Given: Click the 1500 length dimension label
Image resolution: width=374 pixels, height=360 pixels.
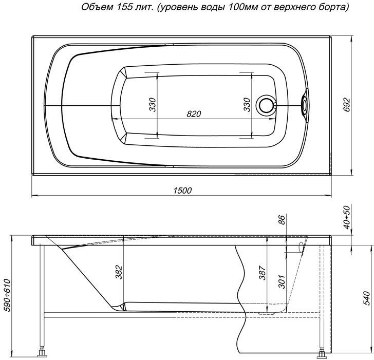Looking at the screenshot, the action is tap(182, 190).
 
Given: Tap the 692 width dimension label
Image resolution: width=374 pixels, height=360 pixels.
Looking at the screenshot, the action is tap(347, 105).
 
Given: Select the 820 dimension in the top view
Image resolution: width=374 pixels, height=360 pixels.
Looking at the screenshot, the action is tap(194, 114).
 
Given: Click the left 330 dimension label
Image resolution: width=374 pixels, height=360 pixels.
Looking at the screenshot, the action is tap(153, 105).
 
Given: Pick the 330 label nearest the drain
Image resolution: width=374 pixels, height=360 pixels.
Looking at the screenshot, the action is tap(247, 105).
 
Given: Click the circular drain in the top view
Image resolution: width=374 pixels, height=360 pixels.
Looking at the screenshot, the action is tap(266, 105).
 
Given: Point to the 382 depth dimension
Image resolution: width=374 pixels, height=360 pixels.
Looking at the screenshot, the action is tap(119, 272).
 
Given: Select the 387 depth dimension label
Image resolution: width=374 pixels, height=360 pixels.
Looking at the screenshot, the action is tap(263, 273).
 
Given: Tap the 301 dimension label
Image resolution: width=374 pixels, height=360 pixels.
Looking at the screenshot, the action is tap(282, 281).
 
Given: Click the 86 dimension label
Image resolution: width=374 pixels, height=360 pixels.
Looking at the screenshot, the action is tap(282, 220).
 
